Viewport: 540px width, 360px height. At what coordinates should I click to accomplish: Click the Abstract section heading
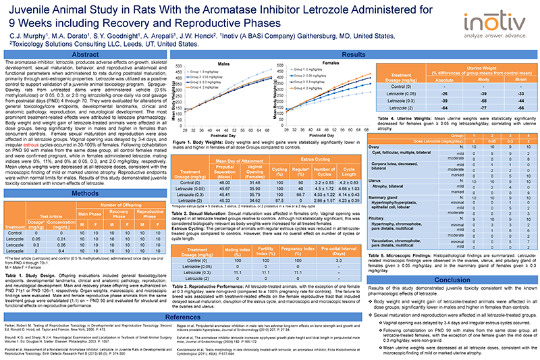pos(86,55)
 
